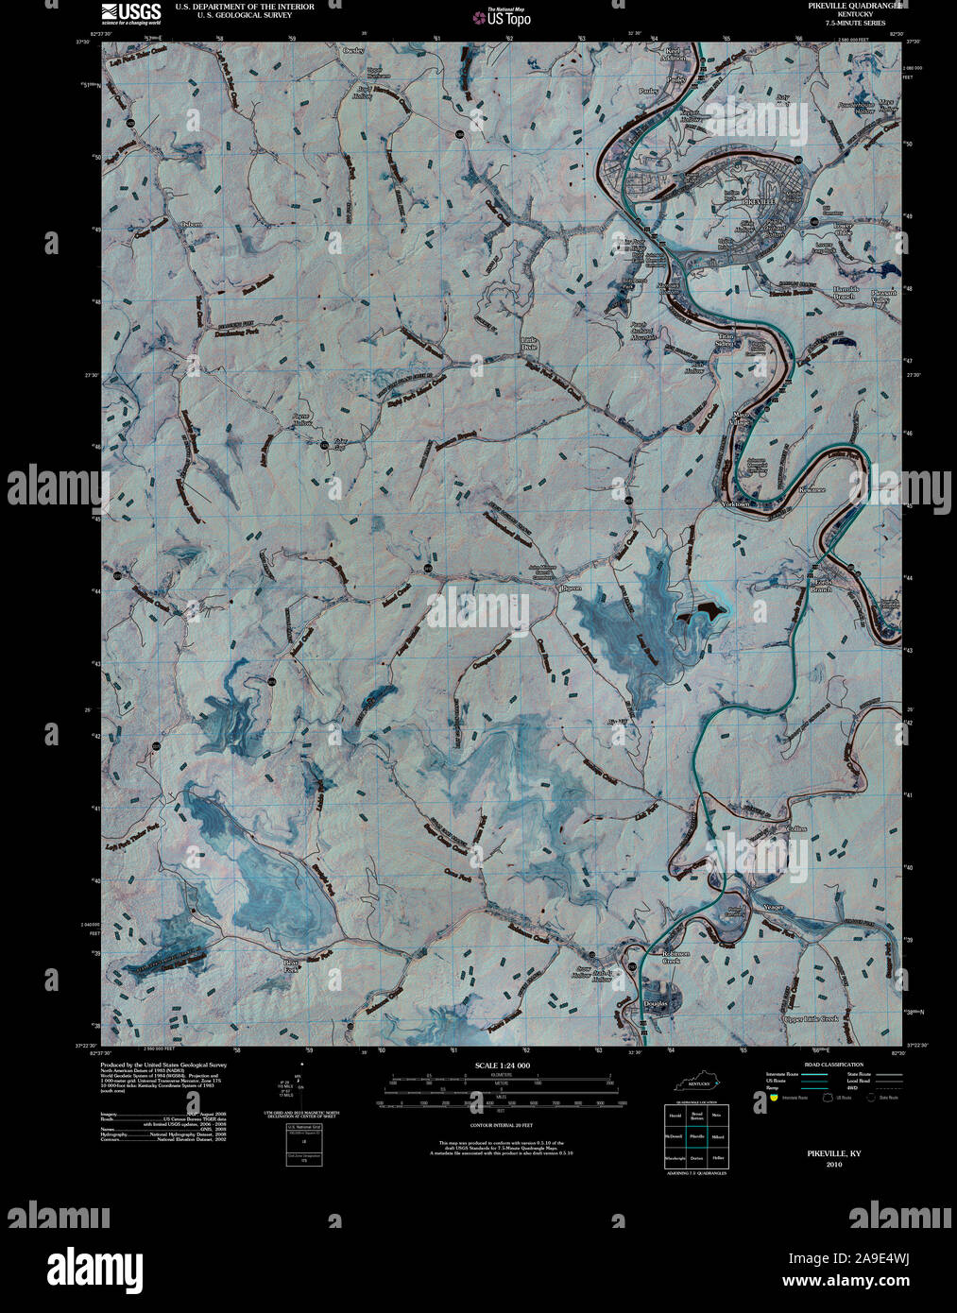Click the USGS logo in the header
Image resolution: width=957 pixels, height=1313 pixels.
click(122, 12)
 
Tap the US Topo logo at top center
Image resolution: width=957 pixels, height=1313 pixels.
click(506, 16)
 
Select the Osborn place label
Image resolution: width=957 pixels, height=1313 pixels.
click(192, 224)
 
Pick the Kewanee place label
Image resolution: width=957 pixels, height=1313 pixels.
click(810, 489)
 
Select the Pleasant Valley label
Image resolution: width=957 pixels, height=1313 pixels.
click(884, 296)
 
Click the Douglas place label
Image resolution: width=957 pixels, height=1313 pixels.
click(655, 1003)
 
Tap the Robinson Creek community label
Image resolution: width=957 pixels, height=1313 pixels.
click(676, 957)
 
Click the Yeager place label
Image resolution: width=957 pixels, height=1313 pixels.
click(773, 907)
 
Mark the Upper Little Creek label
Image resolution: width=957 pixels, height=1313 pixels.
click(811, 1019)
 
